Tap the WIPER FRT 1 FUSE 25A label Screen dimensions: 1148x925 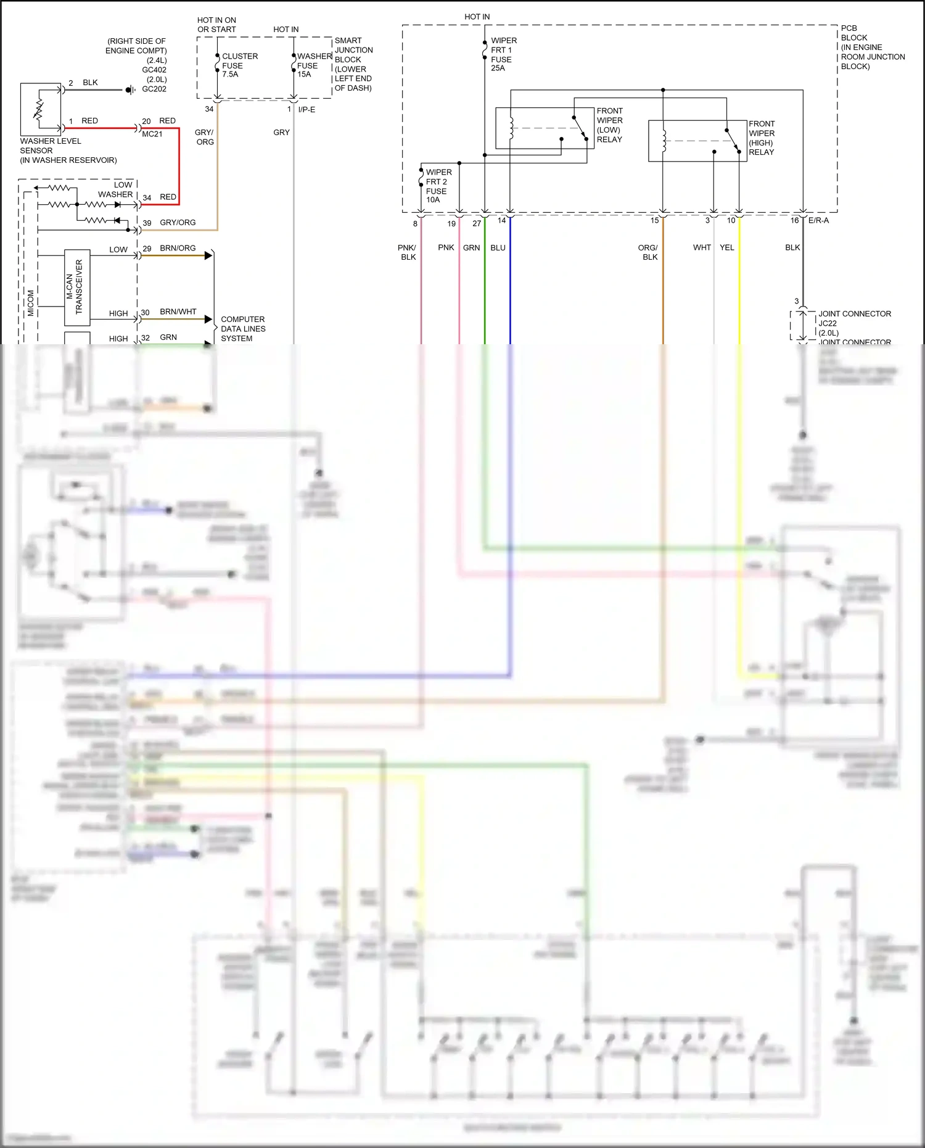pyautogui.click(x=503, y=54)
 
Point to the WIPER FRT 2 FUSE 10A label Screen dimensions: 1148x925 pyautogui.click(x=438, y=186)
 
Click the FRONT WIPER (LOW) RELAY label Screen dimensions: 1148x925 pyautogui.click(x=609, y=125)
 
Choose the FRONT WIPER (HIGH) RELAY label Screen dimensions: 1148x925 pyautogui.click(x=762, y=138)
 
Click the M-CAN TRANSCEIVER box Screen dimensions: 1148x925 pyautogui.click(x=77, y=287)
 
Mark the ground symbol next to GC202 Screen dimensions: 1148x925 pyautogui.click(x=130, y=90)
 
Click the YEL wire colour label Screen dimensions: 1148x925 pyautogui.click(x=727, y=247)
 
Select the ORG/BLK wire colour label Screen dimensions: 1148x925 pyautogui.click(x=648, y=252)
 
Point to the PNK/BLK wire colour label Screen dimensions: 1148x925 pyautogui.click(x=407, y=252)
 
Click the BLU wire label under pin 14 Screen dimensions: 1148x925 pyautogui.click(x=498, y=247)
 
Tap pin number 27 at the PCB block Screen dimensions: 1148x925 pyautogui.click(x=476, y=223)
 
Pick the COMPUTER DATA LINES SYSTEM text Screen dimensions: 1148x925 pyautogui.click(x=243, y=329)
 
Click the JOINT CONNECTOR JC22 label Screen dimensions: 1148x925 pyautogui.click(x=853, y=318)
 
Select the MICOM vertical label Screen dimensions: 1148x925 pyautogui.click(x=31, y=303)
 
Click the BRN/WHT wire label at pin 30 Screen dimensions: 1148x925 pyautogui.click(x=178, y=312)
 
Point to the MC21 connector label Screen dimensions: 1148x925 pyautogui.click(x=152, y=134)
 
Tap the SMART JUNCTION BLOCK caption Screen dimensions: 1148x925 pyautogui.click(x=353, y=64)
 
